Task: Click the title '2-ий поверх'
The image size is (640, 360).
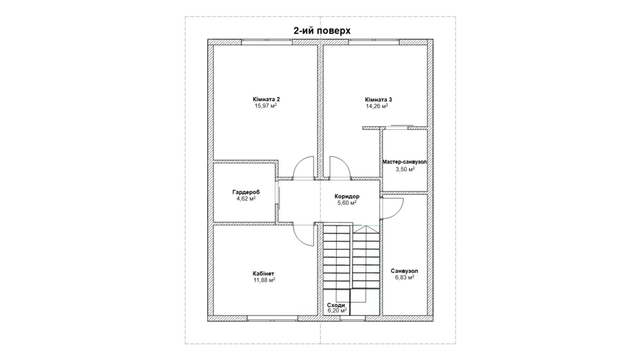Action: click(x=322, y=31)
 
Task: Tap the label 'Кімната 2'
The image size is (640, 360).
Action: click(x=266, y=99)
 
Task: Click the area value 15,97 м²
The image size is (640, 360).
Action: click(x=265, y=106)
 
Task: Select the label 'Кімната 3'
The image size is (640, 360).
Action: click(x=378, y=100)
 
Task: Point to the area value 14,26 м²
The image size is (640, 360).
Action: click(x=377, y=106)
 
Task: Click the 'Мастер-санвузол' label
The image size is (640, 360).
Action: click(x=404, y=162)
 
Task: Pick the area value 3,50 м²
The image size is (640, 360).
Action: click(x=405, y=169)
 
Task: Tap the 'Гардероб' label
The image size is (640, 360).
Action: click(x=246, y=192)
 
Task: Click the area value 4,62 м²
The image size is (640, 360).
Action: click(x=246, y=199)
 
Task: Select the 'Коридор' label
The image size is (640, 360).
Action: click(x=347, y=196)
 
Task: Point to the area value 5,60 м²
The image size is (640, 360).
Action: click(x=347, y=203)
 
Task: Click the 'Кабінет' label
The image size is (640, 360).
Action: click(x=263, y=273)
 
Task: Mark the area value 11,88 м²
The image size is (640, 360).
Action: click(x=264, y=280)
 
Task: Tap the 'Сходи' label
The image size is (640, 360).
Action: click(x=336, y=305)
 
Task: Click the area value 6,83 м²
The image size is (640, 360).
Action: click(x=404, y=277)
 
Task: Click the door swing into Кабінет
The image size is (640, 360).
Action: click(x=303, y=235)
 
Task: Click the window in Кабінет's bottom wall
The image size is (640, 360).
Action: click(x=272, y=318)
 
